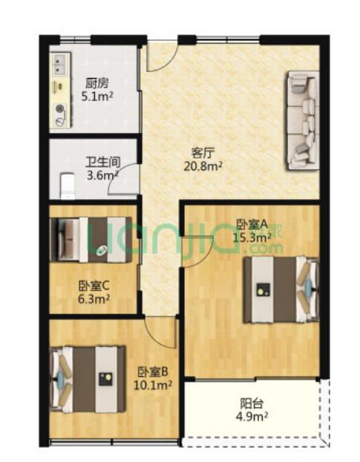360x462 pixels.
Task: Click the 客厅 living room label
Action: tap(203, 153)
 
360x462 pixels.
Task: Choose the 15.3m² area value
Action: tap(252, 237)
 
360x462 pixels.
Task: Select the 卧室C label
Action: tap(94, 285)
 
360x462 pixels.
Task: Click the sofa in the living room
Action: tap(302, 119)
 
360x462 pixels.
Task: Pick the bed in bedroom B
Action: tap(88, 379)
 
